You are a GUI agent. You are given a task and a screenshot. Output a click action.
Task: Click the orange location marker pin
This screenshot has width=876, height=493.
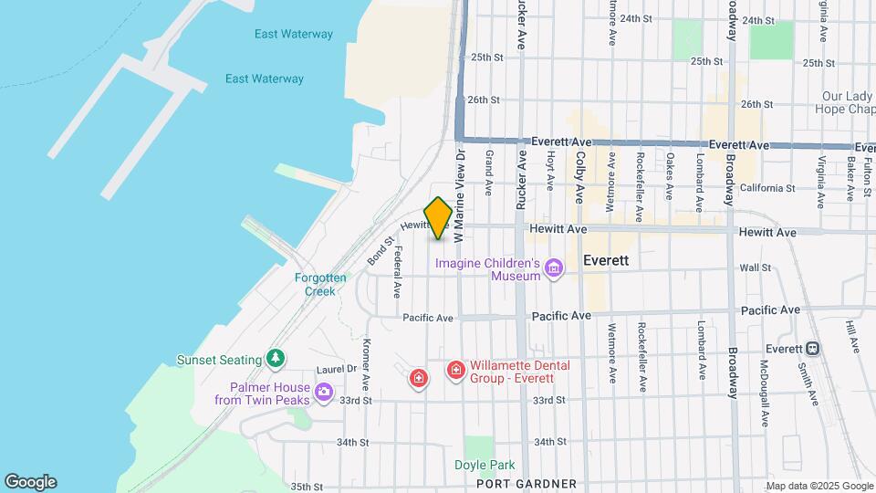tap(438, 218)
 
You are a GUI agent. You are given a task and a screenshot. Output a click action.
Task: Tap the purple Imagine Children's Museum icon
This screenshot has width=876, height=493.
tap(553, 267)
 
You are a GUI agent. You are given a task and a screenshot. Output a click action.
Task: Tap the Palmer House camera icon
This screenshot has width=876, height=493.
tap(324, 393)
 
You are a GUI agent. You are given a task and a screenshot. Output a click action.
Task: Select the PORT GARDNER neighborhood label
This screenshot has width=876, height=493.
tap(527, 484)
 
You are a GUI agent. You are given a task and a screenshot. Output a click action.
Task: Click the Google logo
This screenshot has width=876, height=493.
tap(30, 482)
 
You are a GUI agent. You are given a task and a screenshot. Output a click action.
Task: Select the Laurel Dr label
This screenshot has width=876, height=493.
tap(309, 370)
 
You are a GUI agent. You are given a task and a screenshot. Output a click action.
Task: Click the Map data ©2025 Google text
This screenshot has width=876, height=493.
tap(819, 486)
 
